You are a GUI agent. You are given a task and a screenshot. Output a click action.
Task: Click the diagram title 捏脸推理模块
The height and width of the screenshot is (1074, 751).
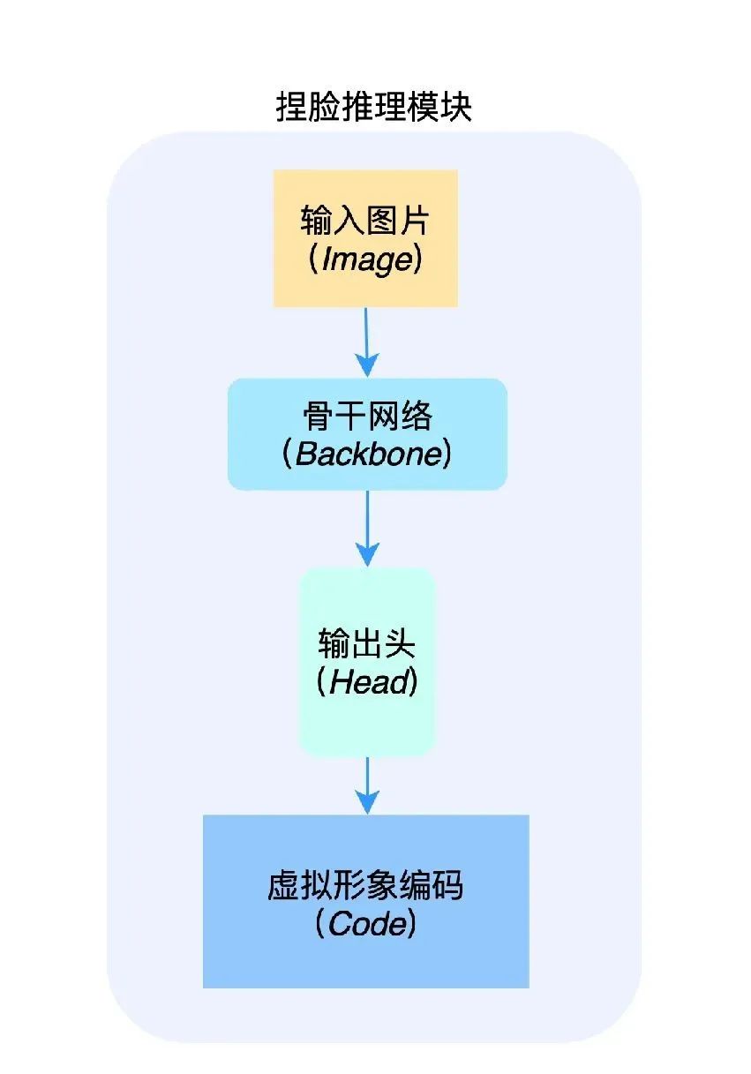click(x=374, y=108)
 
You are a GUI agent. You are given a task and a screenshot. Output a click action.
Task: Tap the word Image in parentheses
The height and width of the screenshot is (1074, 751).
click(x=367, y=259)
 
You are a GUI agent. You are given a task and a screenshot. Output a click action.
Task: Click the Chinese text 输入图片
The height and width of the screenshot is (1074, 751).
click(x=365, y=221)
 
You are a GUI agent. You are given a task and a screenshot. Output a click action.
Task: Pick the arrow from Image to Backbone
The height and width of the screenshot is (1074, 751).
click(x=366, y=340)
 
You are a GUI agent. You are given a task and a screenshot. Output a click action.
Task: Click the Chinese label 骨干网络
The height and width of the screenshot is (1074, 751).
click(x=367, y=415)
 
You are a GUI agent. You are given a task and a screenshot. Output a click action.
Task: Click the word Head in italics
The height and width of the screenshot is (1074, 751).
click(x=368, y=683)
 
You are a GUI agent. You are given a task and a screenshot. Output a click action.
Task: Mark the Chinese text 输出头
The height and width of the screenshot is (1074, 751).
click(x=367, y=644)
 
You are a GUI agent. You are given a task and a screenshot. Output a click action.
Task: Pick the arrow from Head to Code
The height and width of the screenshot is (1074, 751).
click(x=367, y=784)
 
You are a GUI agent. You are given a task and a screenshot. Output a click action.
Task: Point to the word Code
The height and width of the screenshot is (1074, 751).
click(x=366, y=924)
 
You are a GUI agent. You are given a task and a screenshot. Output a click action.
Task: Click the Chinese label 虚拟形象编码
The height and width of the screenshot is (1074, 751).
click(x=365, y=885)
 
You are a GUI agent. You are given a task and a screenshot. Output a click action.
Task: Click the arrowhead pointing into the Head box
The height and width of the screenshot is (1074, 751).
click(x=367, y=554)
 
